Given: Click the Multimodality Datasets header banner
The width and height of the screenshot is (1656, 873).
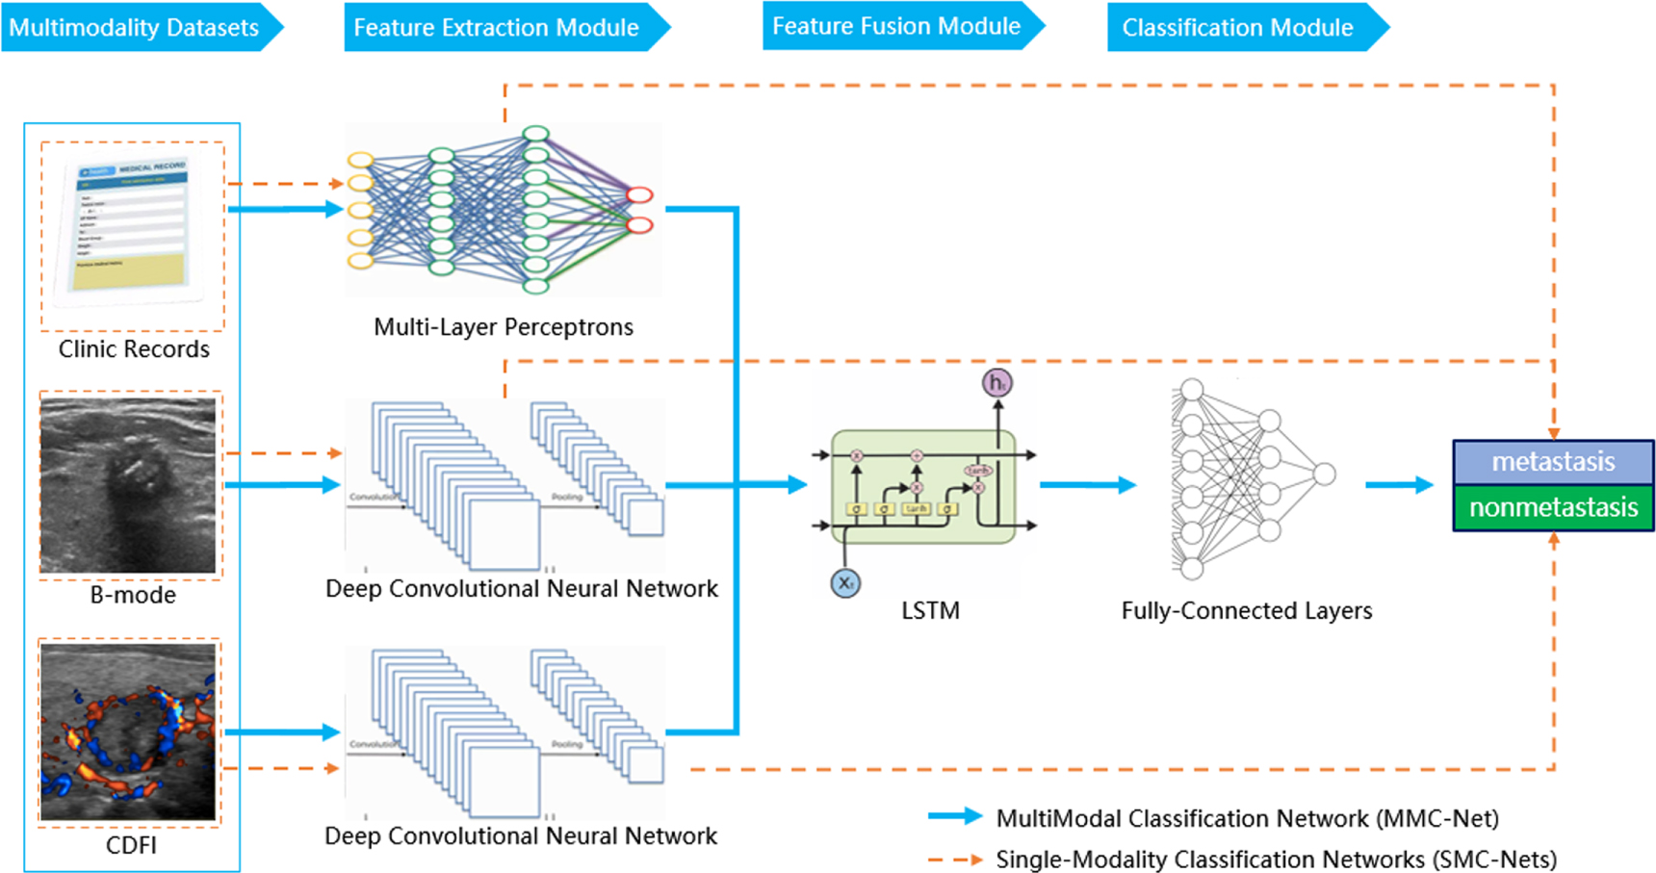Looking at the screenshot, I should coord(135,27).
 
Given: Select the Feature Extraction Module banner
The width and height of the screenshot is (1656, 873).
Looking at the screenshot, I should coord(497,27).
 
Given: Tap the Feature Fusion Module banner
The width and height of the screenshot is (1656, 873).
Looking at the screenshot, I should coord(895,26).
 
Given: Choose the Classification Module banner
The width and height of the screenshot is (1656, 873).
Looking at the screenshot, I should coord(1238,27).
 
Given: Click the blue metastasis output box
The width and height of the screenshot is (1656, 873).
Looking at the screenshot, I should coord(1552,462).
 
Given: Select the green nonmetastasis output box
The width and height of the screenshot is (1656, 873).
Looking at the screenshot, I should coord(1552,507).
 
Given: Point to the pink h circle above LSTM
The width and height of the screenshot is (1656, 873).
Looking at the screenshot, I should coord(997,383).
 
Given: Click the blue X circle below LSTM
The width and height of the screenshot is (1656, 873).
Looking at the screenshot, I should coord(845,582).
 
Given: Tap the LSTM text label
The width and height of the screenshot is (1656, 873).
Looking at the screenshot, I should coord(930,611).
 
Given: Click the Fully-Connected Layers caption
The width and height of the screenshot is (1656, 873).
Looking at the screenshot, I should coord(1246,611).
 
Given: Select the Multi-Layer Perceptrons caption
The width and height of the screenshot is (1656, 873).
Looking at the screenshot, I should coord(503,327).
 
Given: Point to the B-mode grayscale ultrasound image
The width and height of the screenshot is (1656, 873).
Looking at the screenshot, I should coord(128,486).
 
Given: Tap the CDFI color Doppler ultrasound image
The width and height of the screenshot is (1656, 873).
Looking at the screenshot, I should coord(128,732).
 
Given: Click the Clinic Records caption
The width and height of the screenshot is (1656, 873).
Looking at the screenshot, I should coord(134,349).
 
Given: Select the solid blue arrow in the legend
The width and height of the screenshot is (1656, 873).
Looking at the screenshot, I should coord(954,817).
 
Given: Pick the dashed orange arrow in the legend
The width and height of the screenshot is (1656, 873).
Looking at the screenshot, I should coord(954,859).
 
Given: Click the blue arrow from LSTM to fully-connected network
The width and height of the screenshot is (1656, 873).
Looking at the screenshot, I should coord(1088,485).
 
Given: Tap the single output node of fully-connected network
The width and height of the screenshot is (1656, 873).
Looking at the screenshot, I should coord(1325,474).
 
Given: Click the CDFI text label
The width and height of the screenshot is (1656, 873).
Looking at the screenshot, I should coord(131,846).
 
